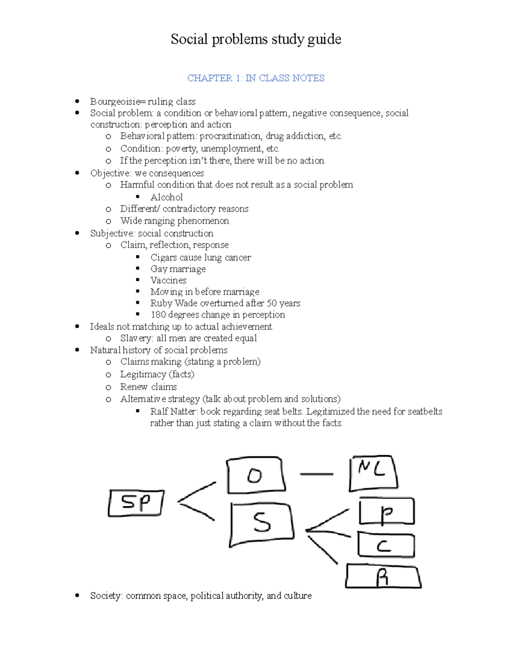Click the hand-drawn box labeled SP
pos(136,503)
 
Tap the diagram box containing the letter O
pos(256,475)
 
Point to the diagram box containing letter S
pos(262,524)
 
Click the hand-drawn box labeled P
pos(387,512)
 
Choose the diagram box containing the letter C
pos(386,545)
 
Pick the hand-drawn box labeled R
pos(383,576)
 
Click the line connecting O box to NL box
pos(317,474)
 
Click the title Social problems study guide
pos(256,39)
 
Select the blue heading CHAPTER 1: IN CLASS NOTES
pos(256,78)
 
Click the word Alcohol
pos(166,197)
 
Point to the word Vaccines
pos(169,280)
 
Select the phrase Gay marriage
pos(178,269)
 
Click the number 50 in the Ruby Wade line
pos(272,303)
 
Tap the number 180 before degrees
pos(158,315)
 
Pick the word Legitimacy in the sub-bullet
pos(143,374)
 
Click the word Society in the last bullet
pos(106,596)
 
